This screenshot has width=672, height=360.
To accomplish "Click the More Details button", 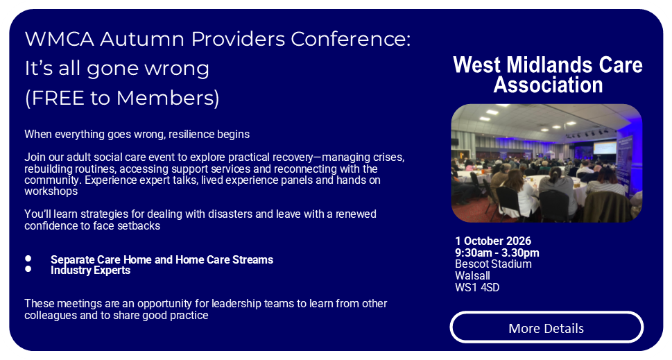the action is pyautogui.click(x=546, y=327).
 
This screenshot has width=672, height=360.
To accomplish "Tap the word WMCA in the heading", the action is pyautogui.click(x=59, y=39).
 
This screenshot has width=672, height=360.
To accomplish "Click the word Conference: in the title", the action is pyautogui.click(x=351, y=39).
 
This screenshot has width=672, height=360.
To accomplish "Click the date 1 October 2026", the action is pyautogui.click(x=493, y=241).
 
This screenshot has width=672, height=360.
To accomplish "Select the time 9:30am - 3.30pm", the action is pyautogui.click(x=497, y=253).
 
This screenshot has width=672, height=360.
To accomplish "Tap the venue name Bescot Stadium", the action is pyautogui.click(x=493, y=264).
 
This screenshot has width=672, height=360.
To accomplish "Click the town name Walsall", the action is pyautogui.click(x=472, y=275).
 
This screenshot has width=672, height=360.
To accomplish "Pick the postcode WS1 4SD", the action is pyautogui.click(x=477, y=287).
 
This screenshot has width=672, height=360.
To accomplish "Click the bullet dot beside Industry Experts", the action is pyautogui.click(x=28, y=269).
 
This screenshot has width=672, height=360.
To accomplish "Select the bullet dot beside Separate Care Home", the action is pyautogui.click(x=28, y=259).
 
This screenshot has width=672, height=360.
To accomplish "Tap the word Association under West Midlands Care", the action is pyautogui.click(x=548, y=85).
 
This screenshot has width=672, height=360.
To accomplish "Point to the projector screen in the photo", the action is pyautogui.click(x=605, y=148).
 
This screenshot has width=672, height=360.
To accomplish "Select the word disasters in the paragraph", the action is pyautogui.click(x=230, y=214).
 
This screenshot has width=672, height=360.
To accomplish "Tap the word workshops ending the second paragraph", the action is pyautogui.click(x=51, y=191).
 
